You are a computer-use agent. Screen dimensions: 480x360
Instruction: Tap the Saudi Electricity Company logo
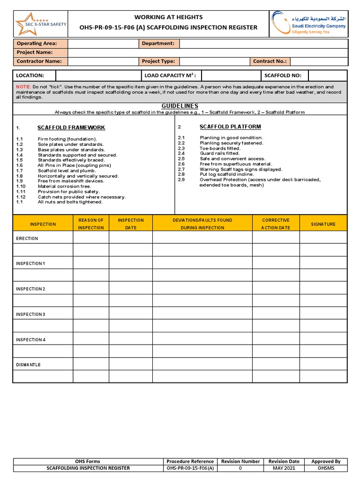coord(308,23)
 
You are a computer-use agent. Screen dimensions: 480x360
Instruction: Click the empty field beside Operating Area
coord(103,44)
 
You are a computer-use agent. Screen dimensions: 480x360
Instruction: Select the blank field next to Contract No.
coord(319,61)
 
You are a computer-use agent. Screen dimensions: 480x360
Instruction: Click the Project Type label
coord(158,61)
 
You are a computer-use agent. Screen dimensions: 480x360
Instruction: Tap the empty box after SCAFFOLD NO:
coord(327,75)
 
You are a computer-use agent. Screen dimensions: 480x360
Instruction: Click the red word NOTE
coord(22,87)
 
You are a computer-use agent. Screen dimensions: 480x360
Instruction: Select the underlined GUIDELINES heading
coord(180,106)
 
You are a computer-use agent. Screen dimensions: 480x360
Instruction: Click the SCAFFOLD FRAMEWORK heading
coord(71,127)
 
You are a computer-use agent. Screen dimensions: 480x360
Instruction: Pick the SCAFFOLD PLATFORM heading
coord(230,127)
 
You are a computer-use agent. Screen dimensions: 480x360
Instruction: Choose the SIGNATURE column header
coord(323,224)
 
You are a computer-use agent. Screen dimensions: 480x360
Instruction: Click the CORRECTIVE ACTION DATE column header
coord(276,224)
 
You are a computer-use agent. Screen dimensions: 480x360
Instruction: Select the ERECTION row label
coord(27,239)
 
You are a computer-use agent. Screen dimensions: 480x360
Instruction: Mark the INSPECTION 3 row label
coord(30,314)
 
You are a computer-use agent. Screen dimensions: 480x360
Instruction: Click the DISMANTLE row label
coord(28,365)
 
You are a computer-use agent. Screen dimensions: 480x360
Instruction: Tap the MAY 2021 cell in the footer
coord(284,468)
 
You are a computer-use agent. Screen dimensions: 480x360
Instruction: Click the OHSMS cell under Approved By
coord(326,468)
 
